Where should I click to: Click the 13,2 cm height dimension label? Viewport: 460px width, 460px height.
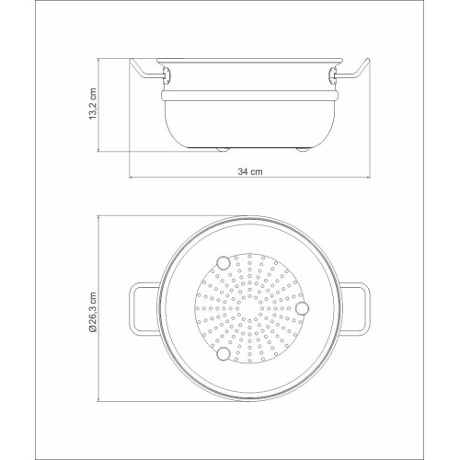(x=93, y=104)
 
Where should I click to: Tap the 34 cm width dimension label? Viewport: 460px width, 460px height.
(x=250, y=171)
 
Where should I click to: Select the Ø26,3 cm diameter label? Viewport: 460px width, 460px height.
(x=93, y=312)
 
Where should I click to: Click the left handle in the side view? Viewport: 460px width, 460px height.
(x=145, y=72)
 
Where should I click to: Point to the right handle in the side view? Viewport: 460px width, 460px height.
(x=353, y=72)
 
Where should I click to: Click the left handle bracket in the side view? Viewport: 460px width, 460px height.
(x=167, y=75)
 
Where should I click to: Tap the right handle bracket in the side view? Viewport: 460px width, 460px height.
(x=332, y=75)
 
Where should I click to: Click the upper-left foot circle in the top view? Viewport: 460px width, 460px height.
(x=224, y=263)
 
